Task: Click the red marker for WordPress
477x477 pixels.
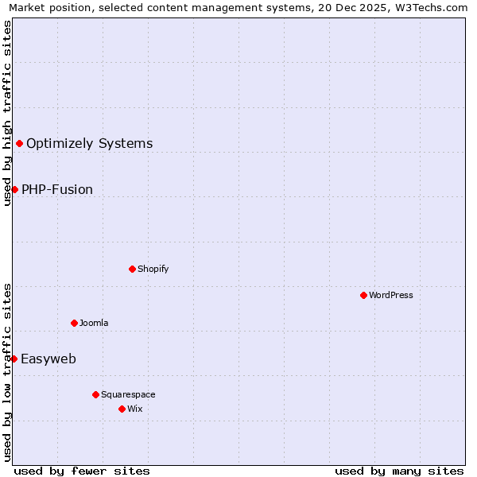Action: click(x=363, y=295)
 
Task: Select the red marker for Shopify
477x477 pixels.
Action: click(x=132, y=269)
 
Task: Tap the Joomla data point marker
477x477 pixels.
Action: click(x=74, y=323)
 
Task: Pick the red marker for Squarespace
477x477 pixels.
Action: click(x=95, y=394)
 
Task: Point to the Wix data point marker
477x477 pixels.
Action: click(x=122, y=409)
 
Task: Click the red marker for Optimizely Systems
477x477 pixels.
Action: click(x=19, y=143)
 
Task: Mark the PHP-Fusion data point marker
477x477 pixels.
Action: click(x=14, y=189)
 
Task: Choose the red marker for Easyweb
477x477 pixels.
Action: click(x=14, y=359)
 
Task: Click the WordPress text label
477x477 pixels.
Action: click(x=391, y=295)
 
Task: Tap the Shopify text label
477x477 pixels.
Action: click(x=153, y=269)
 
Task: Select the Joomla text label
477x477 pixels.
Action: click(x=94, y=323)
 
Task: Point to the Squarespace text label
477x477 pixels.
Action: click(x=128, y=394)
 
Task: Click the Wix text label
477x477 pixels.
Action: click(x=135, y=409)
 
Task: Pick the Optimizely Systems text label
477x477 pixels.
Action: click(x=90, y=143)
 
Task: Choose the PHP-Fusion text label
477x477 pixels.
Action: click(x=57, y=189)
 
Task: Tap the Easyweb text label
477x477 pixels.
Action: click(x=48, y=359)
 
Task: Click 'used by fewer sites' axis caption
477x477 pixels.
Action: click(x=82, y=471)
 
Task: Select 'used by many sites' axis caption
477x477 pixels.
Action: click(x=399, y=471)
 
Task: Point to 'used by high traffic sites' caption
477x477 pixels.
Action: click(x=8, y=113)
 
